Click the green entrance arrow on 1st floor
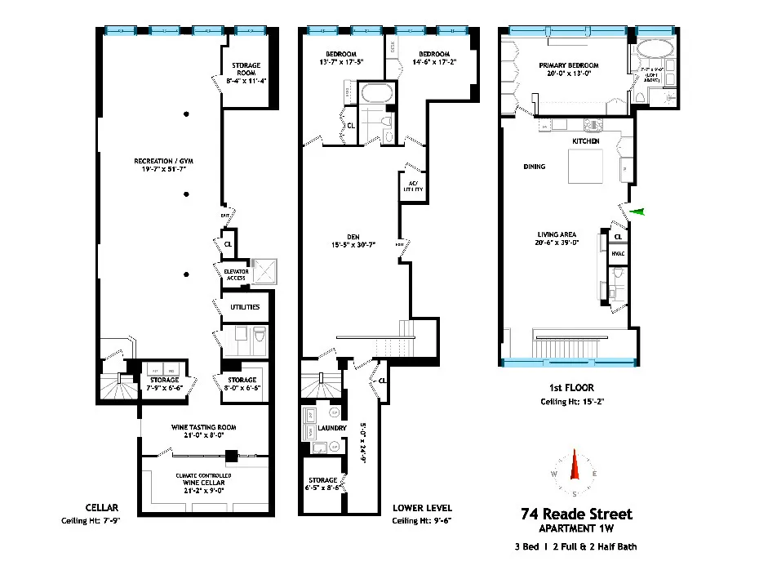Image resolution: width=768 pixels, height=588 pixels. point(638,212)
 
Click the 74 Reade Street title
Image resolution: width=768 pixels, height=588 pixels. point(576,514)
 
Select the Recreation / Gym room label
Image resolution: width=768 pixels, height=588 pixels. point(164,161)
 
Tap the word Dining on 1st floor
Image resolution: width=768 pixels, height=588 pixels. point(535,167)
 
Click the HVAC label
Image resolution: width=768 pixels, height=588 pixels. point(618,254)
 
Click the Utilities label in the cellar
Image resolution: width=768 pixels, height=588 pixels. point(244,307)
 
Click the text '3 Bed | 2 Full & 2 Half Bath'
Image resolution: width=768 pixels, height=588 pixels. point(576,546)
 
